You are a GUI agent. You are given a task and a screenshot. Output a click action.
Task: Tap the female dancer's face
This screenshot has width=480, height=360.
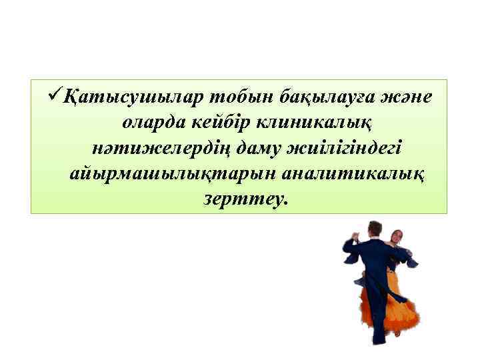(396, 237)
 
